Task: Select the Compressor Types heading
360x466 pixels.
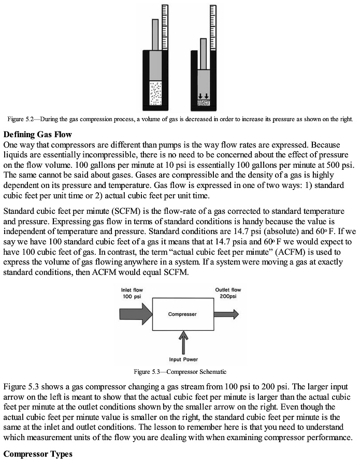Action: click(38, 454)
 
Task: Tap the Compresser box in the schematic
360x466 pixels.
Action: click(182, 314)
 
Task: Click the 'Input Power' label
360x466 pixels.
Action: click(183, 359)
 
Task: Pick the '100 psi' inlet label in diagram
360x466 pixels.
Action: click(131, 297)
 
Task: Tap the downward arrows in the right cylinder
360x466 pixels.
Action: click(204, 96)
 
